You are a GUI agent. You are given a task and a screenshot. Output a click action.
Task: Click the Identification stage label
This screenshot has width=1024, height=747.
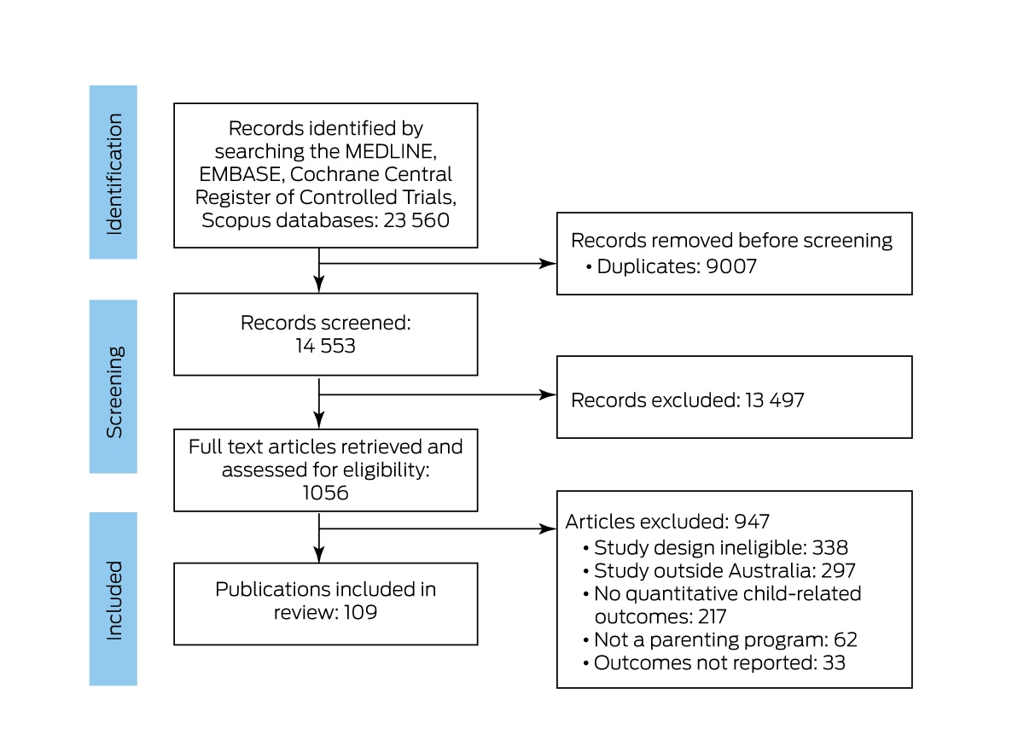click(114, 174)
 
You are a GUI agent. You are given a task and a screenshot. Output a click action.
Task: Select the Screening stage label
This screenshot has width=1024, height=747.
click(114, 392)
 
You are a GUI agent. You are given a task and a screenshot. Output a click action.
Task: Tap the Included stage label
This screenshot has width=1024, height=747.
click(114, 600)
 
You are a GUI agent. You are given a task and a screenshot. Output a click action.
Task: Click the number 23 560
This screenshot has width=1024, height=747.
click(416, 220)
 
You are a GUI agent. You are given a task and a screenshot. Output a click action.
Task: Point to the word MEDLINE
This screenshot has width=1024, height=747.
click(391, 151)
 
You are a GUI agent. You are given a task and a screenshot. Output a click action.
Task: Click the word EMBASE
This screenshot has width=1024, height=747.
click(241, 174)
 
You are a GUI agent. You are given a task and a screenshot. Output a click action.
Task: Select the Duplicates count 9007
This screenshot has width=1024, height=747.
click(731, 266)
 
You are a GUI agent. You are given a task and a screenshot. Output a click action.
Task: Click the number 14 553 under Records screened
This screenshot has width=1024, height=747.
click(325, 346)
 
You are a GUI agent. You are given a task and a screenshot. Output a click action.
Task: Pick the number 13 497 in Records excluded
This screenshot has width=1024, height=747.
click(775, 400)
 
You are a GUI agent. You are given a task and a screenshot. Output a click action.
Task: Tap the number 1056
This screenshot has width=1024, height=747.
click(325, 493)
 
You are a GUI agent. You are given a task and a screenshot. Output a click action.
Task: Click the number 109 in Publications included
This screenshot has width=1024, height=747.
click(360, 612)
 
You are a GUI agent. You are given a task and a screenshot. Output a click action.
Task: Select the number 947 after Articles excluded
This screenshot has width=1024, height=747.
click(752, 522)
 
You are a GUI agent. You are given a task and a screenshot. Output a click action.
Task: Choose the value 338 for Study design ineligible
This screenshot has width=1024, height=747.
click(829, 547)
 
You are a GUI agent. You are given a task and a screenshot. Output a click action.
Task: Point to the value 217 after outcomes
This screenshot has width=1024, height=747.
click(713, 616)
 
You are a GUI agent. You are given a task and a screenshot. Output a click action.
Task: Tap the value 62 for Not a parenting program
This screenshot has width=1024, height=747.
click(846, 639)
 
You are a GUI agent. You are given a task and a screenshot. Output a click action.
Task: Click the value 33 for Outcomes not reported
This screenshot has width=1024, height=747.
click(834, 662)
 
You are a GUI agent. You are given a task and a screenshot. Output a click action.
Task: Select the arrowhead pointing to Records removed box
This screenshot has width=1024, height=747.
click(548, 264)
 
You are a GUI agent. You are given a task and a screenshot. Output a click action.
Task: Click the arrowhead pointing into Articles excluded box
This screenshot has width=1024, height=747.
click(548, 528)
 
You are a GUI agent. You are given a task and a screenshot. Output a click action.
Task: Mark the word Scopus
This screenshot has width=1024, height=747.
click(236, 220)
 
